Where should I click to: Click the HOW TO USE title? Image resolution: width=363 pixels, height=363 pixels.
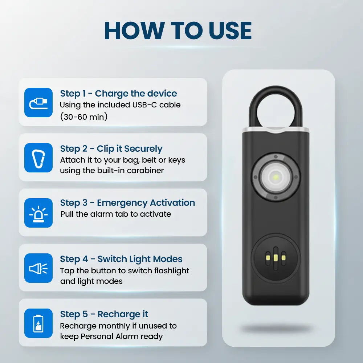(178, 31)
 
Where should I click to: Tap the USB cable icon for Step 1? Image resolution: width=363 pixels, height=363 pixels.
(38, 103)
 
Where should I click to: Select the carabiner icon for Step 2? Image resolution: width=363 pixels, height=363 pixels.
(38, 158)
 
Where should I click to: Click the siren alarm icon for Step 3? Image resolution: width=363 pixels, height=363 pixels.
(38, 213)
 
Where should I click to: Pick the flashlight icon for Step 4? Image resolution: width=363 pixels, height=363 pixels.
(38, 268)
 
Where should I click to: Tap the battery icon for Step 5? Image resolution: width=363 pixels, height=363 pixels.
(38, 323)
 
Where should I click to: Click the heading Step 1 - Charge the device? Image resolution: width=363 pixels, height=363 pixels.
(119, 94)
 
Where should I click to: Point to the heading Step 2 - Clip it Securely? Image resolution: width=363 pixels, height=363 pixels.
(111, 149)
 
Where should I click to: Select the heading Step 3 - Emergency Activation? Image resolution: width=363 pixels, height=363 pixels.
(127, 203)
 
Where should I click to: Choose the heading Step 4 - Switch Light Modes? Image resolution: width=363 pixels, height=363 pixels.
(121, 259)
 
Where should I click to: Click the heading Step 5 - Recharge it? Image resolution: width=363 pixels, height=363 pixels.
(104, 314)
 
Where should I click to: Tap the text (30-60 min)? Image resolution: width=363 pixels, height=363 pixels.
(84, 117)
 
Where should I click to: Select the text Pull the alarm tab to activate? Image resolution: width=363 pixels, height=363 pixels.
(116, 214)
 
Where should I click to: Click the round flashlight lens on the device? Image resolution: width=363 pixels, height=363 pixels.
(276, 177)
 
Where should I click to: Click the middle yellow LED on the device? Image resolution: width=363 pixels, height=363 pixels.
(276, 258)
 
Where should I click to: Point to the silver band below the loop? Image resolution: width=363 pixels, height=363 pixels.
(276, 130)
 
